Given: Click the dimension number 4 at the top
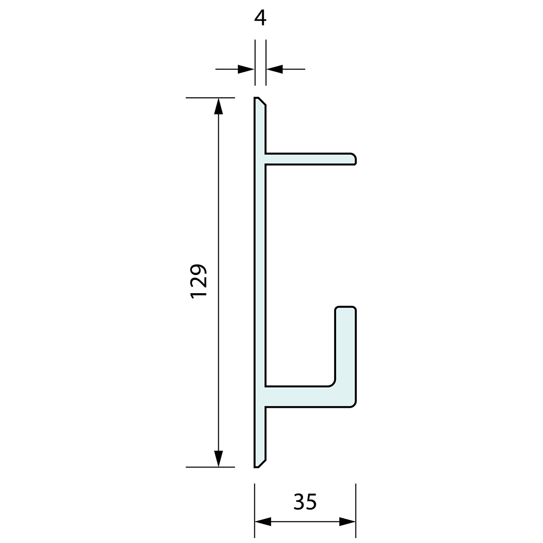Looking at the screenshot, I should (x=260, y=18).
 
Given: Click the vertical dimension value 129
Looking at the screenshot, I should (x=198, y=280).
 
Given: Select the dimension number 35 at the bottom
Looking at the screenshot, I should (x=305, y=502).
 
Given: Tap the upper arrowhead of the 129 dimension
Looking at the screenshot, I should (x=218, y=106).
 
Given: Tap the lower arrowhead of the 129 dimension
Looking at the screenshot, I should (x=218, y=459).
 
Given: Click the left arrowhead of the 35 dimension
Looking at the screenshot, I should (x=263, y=521).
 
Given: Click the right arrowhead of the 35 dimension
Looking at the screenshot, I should (x=348, y=521).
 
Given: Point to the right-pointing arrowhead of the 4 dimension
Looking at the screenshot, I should (x=246, y=69).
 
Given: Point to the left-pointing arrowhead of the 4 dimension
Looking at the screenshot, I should (x=275, y=69).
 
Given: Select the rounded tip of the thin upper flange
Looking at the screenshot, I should (x=353, y=159).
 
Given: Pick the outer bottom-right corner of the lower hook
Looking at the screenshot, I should (x=352, y=404).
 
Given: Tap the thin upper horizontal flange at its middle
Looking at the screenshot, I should (x=310, y=159).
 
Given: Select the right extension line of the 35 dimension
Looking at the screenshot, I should (x=355, y=508).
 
